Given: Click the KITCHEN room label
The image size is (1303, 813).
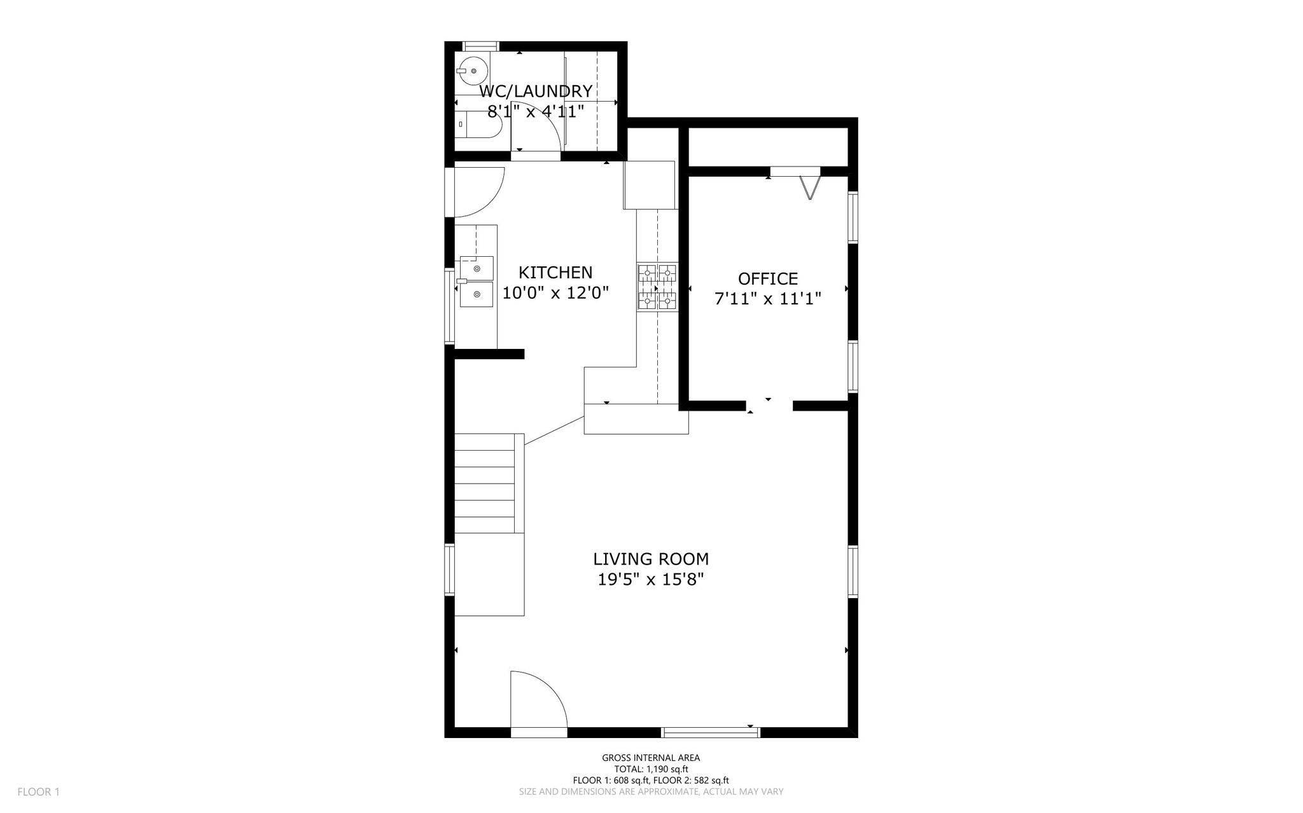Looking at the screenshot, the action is point(555,273).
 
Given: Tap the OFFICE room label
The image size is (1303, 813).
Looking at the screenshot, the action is point(768,279).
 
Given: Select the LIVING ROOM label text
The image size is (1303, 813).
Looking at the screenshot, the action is point(651,559).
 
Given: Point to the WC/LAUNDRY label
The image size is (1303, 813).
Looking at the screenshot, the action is point(536,92).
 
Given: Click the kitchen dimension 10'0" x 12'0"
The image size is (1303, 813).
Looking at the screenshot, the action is point(555,293).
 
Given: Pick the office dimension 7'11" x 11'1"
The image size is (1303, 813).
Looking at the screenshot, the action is point(768,299).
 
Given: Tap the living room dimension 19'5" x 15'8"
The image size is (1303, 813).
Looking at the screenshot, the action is point(651,580).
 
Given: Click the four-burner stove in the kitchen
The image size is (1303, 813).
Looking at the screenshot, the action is point(657,287).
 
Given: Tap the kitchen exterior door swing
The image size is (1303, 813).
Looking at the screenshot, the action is point(479,192).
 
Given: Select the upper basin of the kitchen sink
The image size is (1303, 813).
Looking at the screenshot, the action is point(477,268).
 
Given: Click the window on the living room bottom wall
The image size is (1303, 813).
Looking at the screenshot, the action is point(711,732).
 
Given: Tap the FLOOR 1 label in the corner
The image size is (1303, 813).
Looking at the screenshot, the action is point(38,792).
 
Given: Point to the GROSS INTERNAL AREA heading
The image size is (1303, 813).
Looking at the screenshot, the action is point(651,758).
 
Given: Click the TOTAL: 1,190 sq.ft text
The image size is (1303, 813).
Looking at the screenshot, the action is point(651,769).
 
